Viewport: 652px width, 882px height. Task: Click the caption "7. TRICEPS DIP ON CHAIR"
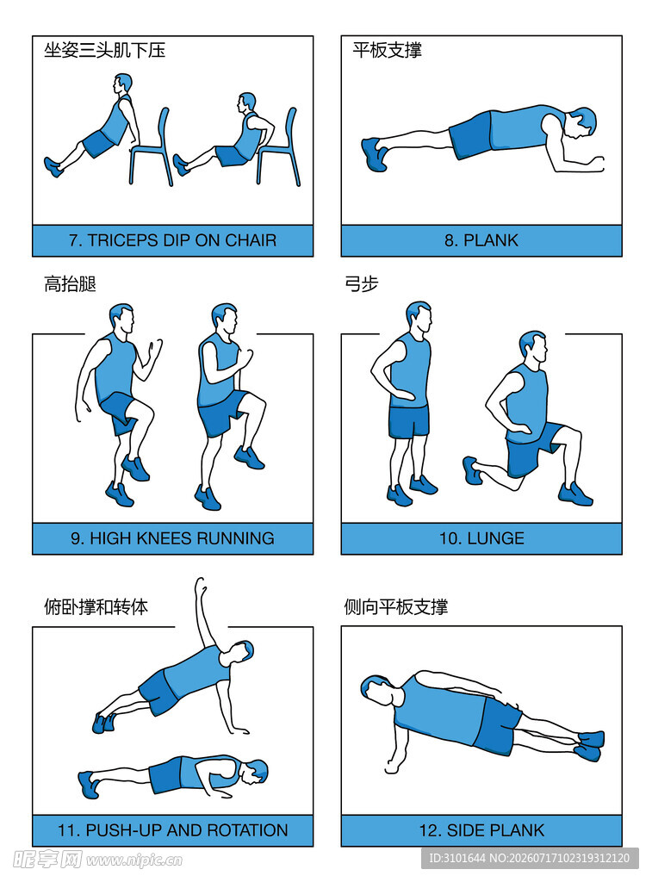pos(173,240)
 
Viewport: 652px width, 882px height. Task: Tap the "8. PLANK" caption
pos(481,240)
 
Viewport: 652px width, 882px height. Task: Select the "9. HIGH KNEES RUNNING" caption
pos(173,538)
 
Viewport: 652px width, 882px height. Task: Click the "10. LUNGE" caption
pos(481,538)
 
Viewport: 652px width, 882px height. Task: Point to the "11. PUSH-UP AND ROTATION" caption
pos(173,830)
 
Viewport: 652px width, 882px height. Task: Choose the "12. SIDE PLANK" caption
pos(481,830)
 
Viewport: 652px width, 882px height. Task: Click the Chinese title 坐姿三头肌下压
pos(104,50)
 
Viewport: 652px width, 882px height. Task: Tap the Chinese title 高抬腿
pos(70,283)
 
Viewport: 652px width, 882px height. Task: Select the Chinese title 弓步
pos(362,283)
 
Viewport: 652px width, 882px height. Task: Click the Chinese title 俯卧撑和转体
pos(96,607)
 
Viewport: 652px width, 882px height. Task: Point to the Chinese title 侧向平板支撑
pos(396,607)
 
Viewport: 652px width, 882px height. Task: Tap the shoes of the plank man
pos(374,153)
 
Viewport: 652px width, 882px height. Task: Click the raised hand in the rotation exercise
pos(201,587)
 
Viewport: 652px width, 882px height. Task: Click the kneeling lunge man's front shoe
pos(575,494)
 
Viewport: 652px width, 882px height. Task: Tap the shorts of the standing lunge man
pos(409,421)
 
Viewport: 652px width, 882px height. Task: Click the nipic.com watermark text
pos(134,860)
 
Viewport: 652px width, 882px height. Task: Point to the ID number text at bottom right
pos(530,859)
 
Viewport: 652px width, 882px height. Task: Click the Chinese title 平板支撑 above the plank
pos(387,50)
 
